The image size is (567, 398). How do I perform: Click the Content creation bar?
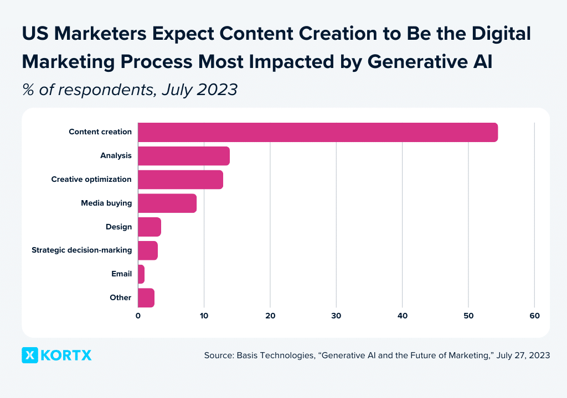pyautogui.click(x=317, y=133)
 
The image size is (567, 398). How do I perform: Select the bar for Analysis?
pyautogui.click(x=183, y=156)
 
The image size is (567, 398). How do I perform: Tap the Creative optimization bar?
pyautogui.click(x=180, y=180)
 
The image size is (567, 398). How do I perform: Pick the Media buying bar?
pyautogui.click(x=167, y=203)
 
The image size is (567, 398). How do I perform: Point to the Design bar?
pyautogui.click(x=149, y=227)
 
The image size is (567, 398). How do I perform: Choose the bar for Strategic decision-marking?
pyautogui.click(x=147, y=250)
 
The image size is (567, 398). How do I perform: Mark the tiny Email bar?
pyautogui.click(x=141, y=274)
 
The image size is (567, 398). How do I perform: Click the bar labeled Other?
pyautogui.click(x=146, y=298)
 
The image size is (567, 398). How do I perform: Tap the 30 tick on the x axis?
pyautogui.click(x=336, y=316)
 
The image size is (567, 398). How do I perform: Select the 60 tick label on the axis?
pyautogui.click(x=534, y=316)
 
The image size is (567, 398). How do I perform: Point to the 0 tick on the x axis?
pyautogui.click(x=138, y=316)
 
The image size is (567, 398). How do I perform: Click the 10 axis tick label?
pyautogui.click(x=204, y=316)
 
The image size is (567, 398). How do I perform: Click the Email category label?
pyautogui.click(x=121, y=274)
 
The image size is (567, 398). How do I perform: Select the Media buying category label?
pyautogui.click(x=106, y=203)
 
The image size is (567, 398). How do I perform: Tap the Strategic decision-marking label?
pyautogui.click(x=81, y=250)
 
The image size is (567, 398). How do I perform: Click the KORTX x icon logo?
pyautogui.click(x=30, y=355)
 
